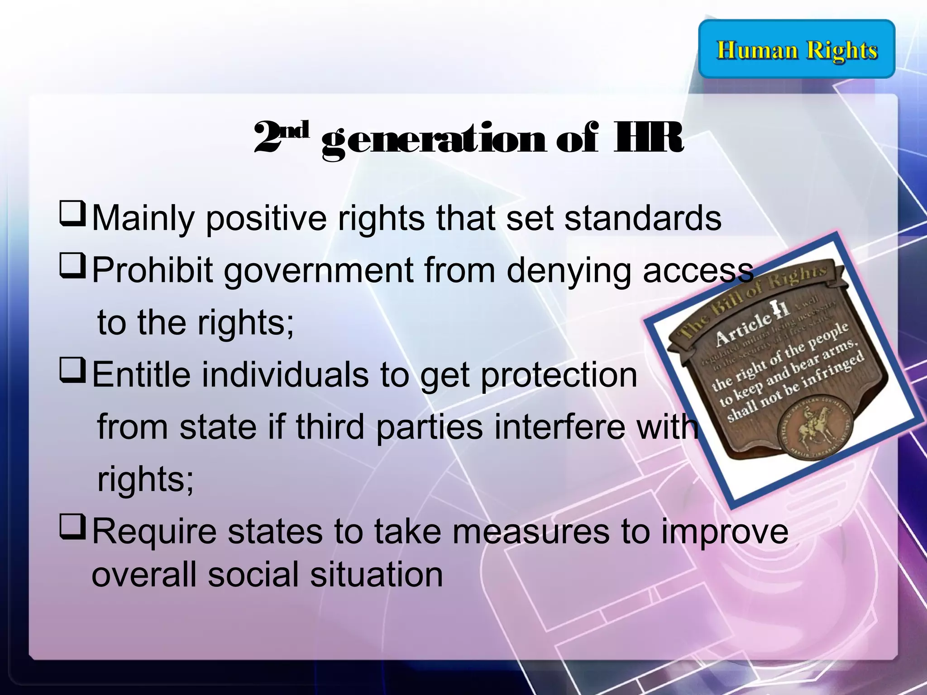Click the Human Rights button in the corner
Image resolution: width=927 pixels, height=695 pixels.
[797, 49]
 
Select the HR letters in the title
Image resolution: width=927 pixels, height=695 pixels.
[647, 138]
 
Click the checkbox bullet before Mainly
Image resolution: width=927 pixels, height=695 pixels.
[72, 214]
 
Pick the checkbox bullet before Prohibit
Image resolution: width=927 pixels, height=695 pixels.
[72, 267]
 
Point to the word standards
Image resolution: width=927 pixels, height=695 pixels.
[642, 218]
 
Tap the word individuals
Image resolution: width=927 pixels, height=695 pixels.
[285, 375]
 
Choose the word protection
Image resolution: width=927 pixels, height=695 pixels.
[559, 376]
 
